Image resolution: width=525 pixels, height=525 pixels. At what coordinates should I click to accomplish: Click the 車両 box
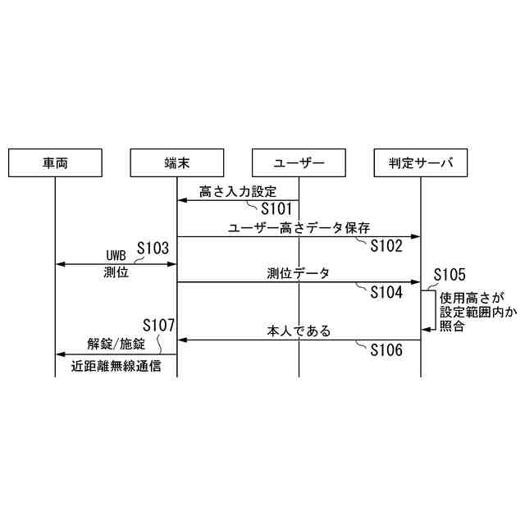56,163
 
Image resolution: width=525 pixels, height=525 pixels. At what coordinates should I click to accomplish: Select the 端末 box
177,163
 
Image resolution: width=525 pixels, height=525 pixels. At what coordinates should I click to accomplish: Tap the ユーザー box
299,163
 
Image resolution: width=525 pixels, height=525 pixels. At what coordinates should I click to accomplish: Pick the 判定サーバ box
420,163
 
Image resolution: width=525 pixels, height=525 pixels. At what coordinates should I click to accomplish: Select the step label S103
153,247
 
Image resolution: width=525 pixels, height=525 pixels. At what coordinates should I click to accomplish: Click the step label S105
449,274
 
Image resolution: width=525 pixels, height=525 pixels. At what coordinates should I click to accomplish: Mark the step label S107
159,325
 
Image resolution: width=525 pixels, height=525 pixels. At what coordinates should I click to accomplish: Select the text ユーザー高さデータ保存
299,226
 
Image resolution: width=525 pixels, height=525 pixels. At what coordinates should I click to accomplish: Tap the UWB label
116,253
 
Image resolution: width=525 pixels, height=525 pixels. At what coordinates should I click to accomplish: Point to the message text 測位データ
299,273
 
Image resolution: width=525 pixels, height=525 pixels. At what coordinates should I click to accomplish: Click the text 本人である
299,331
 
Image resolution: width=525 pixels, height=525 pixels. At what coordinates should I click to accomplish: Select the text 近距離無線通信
116,367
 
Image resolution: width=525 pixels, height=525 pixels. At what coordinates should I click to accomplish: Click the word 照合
452,326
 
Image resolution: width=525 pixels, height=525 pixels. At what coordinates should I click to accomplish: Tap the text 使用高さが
472,297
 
